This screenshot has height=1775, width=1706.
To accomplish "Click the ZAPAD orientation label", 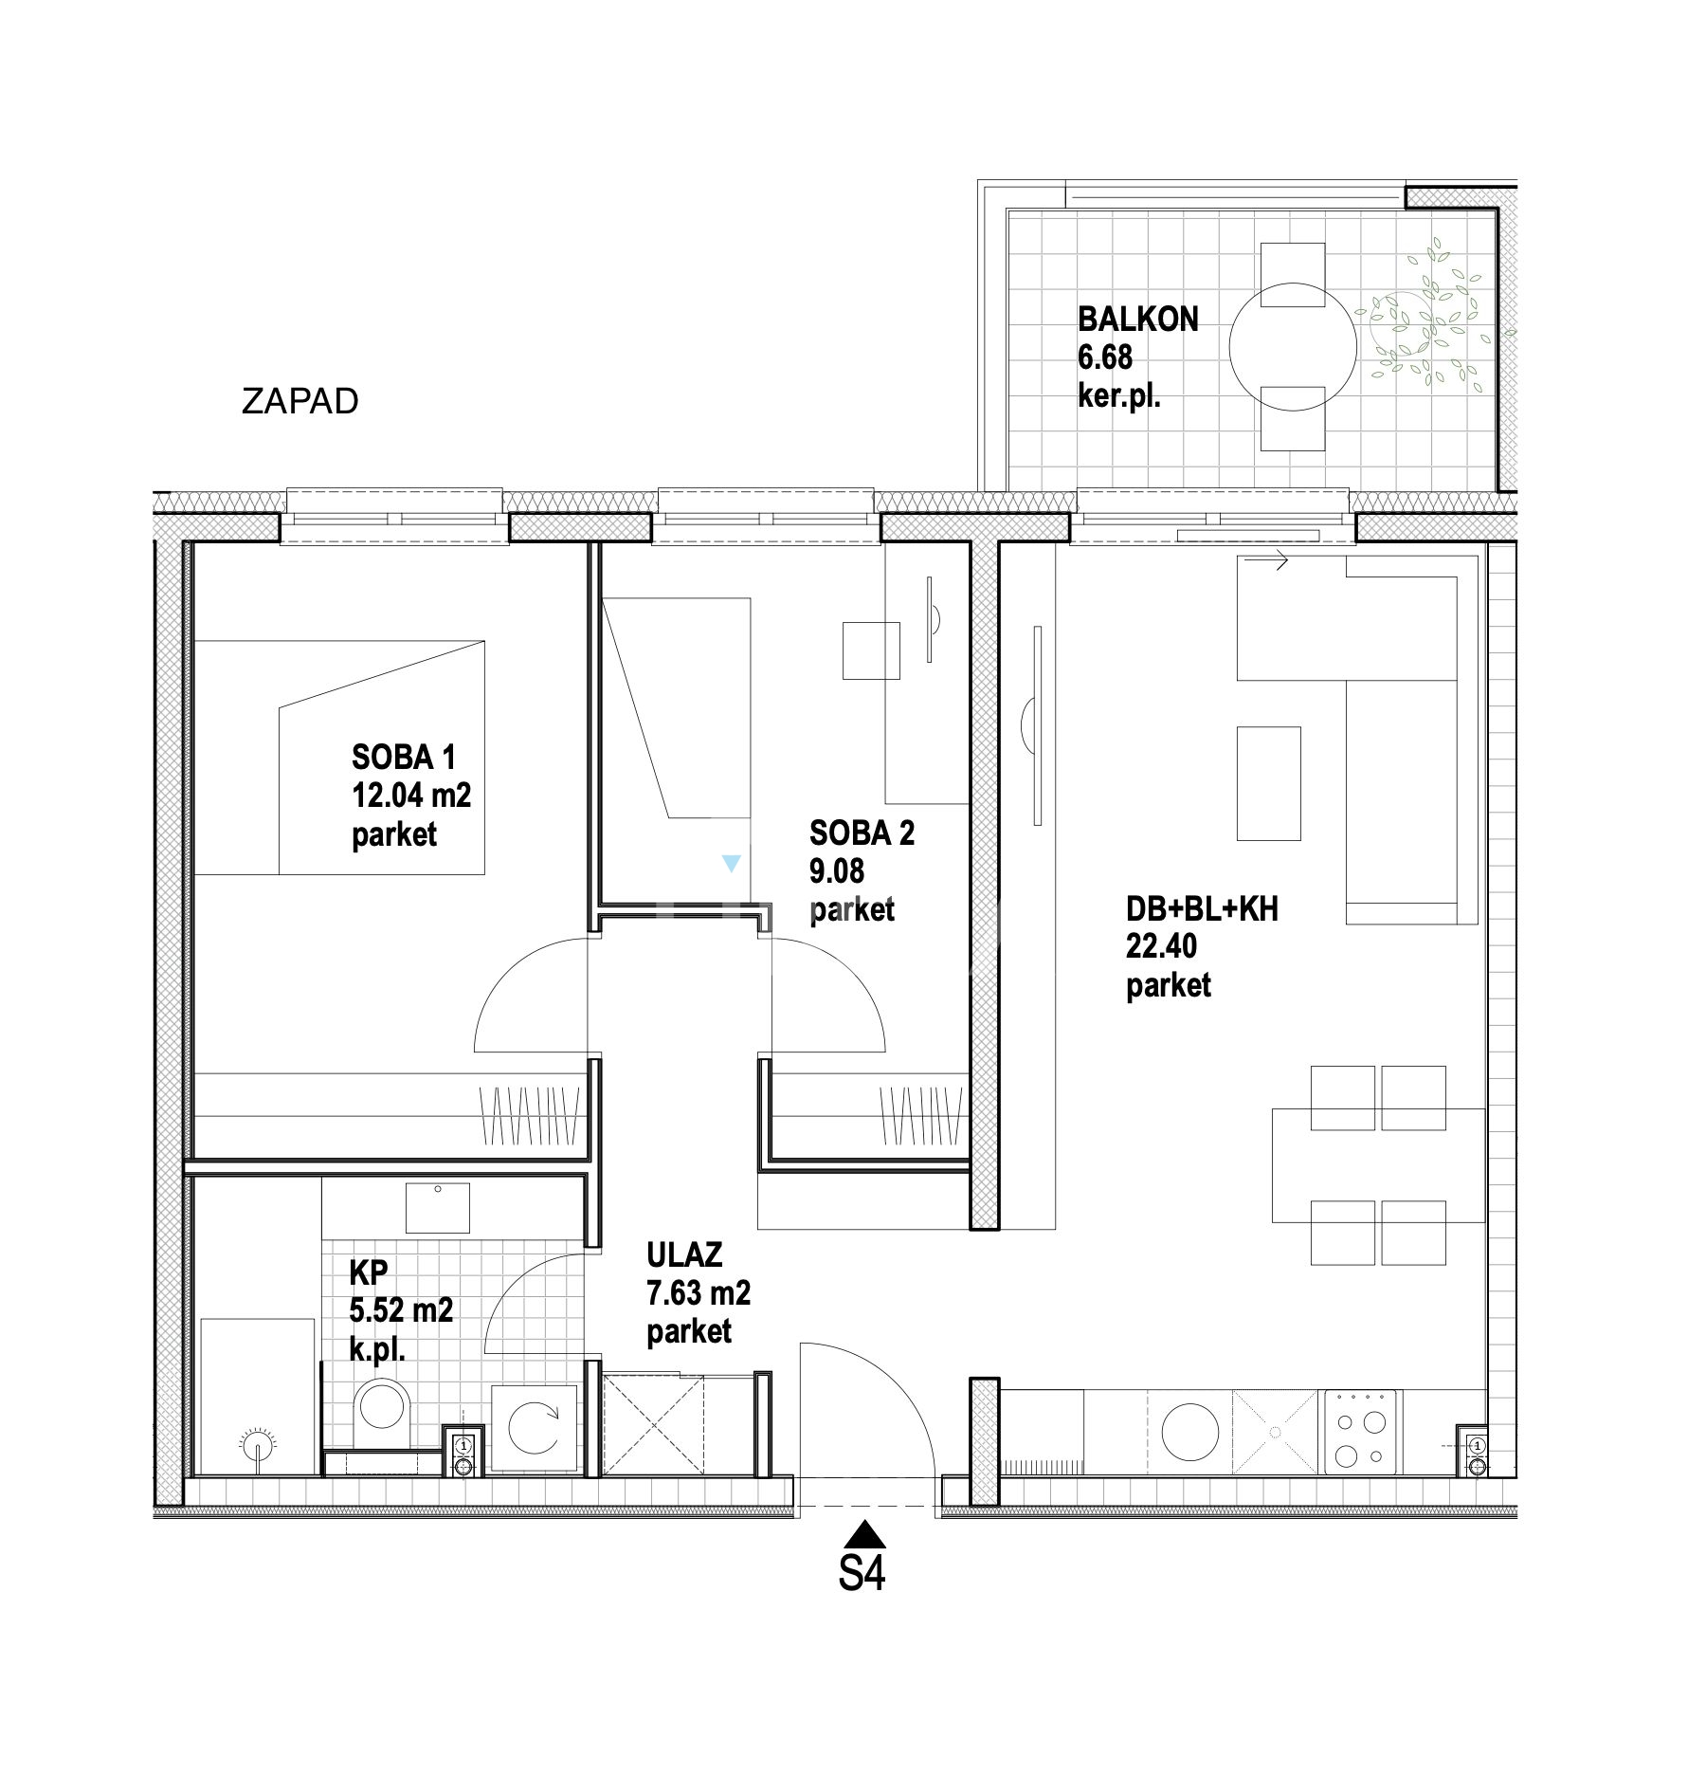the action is click(299, 401).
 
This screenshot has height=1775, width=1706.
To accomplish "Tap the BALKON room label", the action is click(1137, 319).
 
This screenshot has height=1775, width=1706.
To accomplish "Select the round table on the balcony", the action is click(1293, 347).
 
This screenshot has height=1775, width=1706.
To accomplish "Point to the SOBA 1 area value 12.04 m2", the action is click(411, 795).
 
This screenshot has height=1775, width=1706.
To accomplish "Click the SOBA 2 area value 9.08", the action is click(836, 870).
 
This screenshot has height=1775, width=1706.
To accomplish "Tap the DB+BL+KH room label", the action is click(1202, 908).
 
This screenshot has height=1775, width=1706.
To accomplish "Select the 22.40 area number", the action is click(1161, 945).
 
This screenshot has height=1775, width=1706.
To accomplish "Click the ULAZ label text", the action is click(684, 1254).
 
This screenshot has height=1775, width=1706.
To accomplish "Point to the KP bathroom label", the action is click(368, 1272).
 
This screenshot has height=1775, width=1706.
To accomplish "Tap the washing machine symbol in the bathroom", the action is click(534, 1428).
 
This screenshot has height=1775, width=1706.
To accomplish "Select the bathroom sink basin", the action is click(437, 1207).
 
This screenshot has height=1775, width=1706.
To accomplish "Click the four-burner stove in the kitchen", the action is click(1360, 1432).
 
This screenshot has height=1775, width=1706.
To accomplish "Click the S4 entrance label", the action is click(862, 1573).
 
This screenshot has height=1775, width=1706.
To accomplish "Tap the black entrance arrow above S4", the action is click(862, 1534).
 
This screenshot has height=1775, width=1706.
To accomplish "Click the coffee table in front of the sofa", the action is click(1268, 783).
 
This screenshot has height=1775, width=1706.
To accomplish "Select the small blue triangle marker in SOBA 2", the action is click(730, 863).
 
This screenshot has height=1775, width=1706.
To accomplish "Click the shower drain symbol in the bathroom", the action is click(257, 1447).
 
